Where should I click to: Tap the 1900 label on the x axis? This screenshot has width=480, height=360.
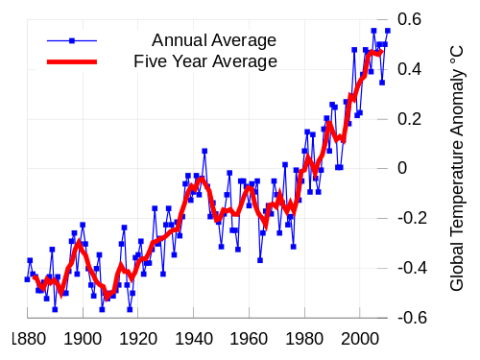pyautogui.click(x=84, y=339)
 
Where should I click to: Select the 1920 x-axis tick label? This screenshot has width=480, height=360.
pyautogui.click(x=139, y=339)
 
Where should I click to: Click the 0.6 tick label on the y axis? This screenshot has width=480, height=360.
pyautogui.click(x=410, y=19)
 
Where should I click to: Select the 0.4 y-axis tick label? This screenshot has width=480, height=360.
pyautogui.click(x=410, y=69)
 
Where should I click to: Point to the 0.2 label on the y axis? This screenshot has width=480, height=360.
pyautogui.click(x=410, y=119)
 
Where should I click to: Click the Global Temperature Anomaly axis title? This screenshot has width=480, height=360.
pyautogui.click(x=457, y=168)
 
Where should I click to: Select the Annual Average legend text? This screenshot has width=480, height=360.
pyautogui.click(x=213, y=40)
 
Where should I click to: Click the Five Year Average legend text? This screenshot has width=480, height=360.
pyautogui.click(x=205, y=61)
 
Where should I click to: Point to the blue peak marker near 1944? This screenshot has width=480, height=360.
pyautogui.click(x=204, y=151)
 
